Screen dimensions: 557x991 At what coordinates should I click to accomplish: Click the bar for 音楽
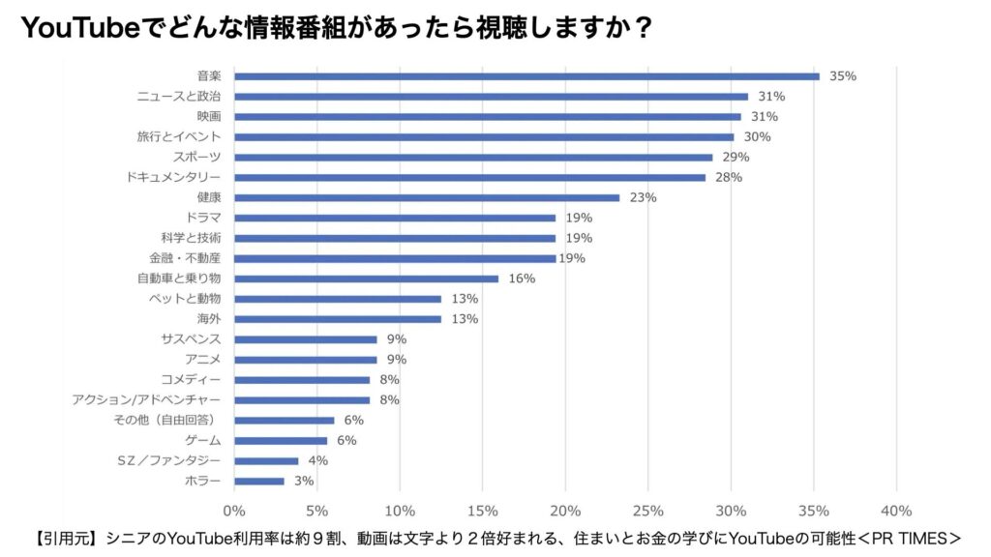point(526,76)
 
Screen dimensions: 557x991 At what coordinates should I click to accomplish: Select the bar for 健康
point(427,197)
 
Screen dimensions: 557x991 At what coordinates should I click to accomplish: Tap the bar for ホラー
point(259,481)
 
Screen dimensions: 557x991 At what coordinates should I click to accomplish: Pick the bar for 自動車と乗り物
point(367,278)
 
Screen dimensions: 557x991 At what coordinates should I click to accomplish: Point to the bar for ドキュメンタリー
point(469,177)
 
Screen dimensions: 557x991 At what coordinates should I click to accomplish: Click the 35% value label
point(843,76)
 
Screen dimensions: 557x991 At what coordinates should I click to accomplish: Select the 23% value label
point(644,197)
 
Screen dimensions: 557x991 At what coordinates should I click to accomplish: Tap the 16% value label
point(523,278)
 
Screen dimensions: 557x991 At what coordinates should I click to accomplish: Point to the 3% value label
point(305,481)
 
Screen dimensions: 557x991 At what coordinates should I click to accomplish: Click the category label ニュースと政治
point(179,97)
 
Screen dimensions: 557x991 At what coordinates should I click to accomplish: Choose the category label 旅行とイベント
point(179,136)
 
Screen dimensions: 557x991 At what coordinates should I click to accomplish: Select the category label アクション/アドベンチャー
point(147,399)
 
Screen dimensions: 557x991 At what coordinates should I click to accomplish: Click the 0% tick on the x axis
point(234,510)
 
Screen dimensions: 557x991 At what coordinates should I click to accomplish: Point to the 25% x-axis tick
point(648,510)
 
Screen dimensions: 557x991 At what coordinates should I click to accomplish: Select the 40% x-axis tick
point(897,510)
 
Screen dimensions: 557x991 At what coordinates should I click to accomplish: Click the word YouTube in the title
point(78,28)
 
